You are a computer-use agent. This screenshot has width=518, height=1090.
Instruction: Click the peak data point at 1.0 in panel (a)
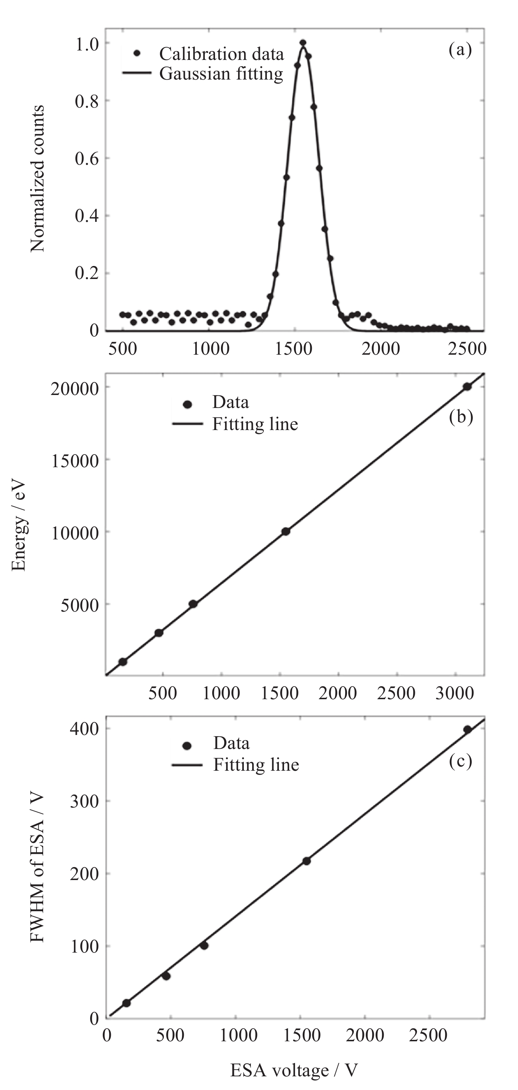[303, 43]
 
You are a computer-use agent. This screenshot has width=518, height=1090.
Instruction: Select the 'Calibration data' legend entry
[221, 54]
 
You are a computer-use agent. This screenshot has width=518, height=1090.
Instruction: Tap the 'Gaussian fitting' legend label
[221, 74]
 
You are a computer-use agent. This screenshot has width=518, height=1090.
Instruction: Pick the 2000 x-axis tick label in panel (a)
[381, 349]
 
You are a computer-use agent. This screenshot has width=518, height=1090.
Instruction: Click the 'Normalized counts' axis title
[38, 178]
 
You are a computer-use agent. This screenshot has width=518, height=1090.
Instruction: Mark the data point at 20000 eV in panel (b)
[467, 386]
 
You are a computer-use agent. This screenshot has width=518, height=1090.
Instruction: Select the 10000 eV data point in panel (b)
[286, 531]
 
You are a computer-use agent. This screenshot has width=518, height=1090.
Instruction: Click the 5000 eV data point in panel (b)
[193, 604]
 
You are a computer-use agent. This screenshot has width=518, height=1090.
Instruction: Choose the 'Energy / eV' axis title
[19, 526]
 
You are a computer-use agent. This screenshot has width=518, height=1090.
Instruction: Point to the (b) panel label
[461, 417]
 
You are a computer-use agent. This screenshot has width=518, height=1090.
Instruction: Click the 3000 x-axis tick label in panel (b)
[455, 694]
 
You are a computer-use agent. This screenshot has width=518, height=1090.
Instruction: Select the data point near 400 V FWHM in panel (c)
[467, 729]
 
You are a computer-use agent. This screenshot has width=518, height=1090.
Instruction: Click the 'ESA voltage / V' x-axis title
[294, 1070]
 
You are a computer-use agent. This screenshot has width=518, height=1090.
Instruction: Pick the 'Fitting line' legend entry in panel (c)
[256, 765]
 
